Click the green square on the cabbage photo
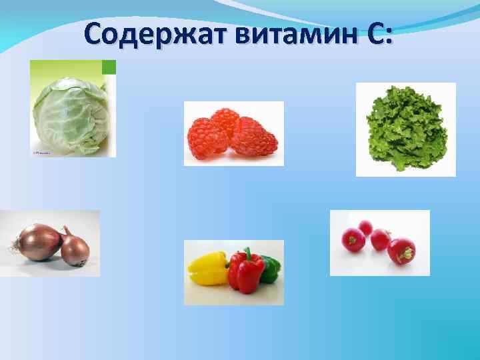coord(109,67)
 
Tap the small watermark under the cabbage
coord(41,153)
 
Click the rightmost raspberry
coord(255,139)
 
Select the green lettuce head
coord(406,129)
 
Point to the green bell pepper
coord(269,267)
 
